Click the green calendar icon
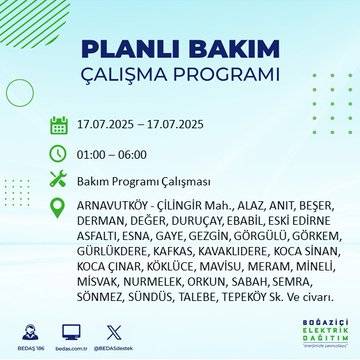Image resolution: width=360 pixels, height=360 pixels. [x=59, y=126]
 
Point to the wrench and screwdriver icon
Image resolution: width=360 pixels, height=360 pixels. [x=59, y=180]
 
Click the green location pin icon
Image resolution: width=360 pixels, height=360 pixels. [x=59, y=208]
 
